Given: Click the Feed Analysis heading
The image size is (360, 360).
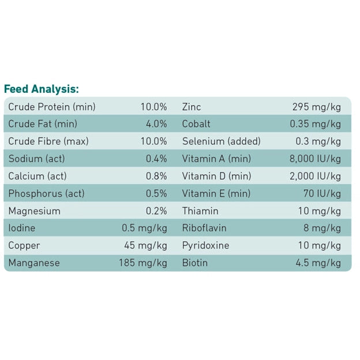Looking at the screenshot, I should click(x=41, y=89).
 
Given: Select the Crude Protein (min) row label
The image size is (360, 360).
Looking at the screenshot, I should click(x=52, y=107).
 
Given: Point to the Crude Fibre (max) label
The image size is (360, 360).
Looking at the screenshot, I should click(x=48, y=141).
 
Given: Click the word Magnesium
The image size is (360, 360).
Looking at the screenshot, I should click(x=34, y=211).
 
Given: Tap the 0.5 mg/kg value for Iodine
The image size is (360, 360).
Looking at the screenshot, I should click(x=145, y=228).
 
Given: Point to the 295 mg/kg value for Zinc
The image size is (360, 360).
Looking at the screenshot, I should click(x=317, y=107).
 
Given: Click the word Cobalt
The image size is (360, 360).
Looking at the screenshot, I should click(x=196, y=124).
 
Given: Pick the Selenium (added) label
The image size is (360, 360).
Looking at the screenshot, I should click(x=221, y=141).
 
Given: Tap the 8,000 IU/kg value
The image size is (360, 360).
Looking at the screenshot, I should click(x=315, y=159).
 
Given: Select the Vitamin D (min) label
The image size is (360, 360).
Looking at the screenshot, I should click(x=216, y=176).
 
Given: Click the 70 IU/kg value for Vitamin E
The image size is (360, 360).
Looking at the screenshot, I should click(x=322, y=193).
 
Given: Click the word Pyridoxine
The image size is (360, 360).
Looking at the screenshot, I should click(x=205, y=245).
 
